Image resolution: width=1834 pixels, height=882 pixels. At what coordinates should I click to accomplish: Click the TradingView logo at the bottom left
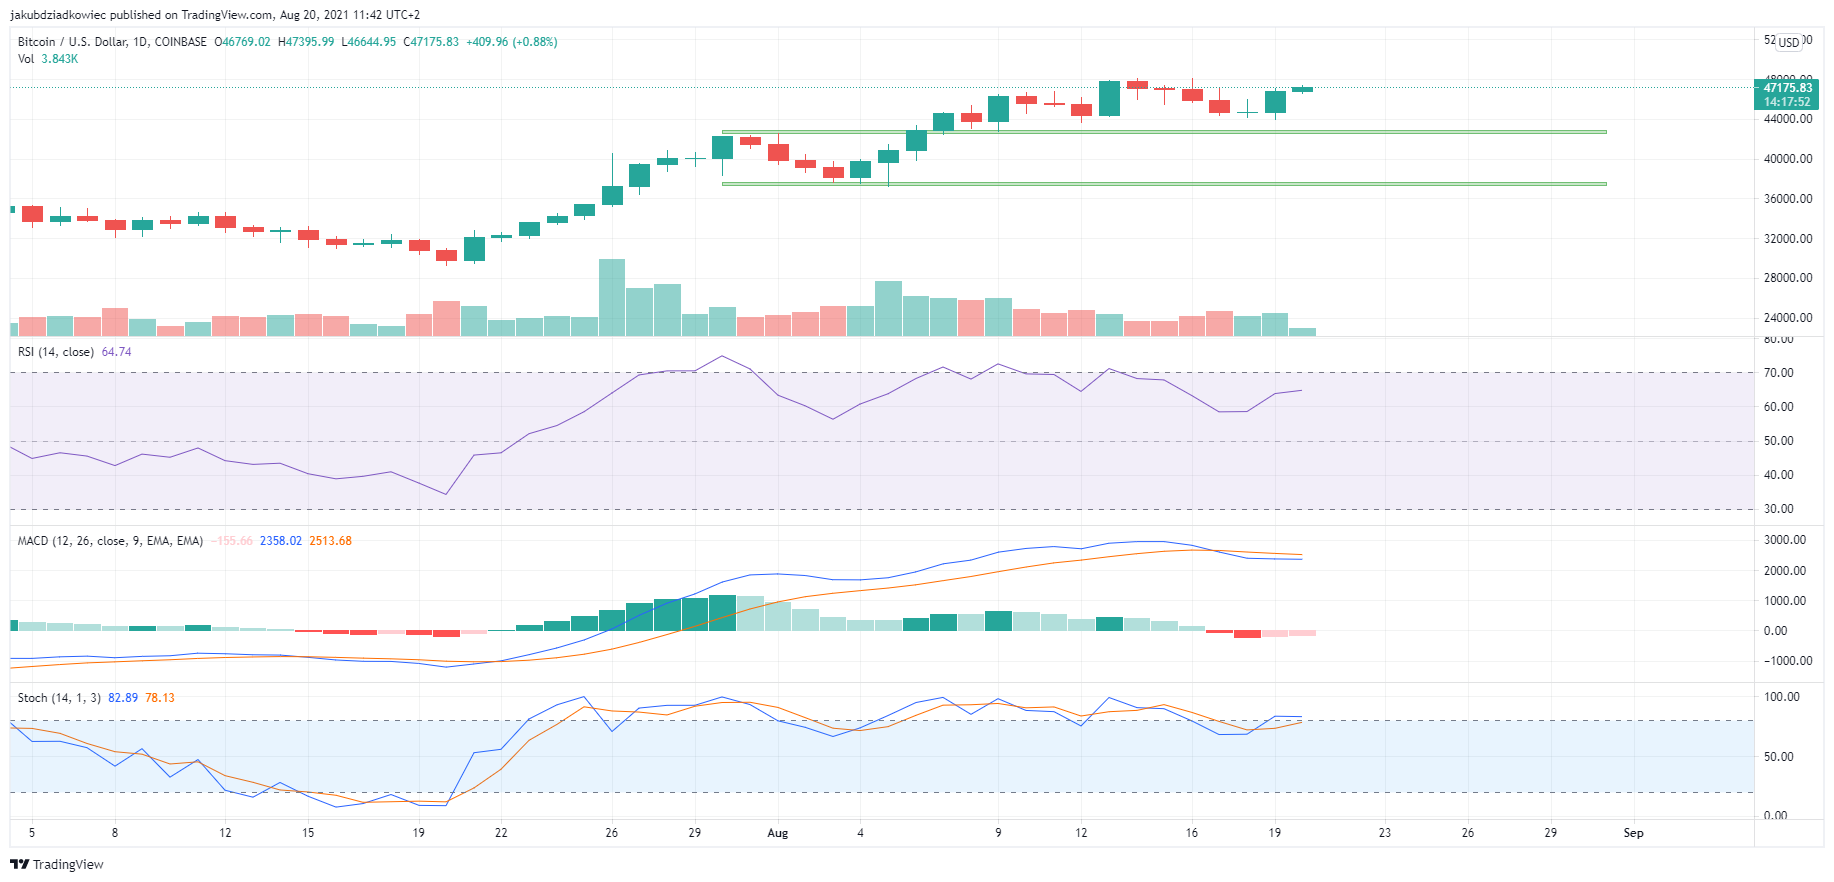[57, 864]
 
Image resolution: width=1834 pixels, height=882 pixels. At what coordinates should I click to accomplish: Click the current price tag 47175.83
[1787, 88]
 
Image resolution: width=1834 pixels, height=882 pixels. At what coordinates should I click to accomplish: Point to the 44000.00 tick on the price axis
[1788, 119]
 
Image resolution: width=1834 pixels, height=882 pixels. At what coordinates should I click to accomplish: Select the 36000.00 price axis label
[1788, 199]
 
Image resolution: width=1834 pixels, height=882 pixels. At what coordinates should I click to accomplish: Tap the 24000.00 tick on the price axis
[1788, 318]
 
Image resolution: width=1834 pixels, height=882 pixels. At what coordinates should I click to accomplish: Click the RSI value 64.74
[116, 352]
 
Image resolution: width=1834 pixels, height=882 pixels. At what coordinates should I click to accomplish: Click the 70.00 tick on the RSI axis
[1778, 373]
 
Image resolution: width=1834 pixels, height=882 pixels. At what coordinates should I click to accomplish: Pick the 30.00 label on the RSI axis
[1778, 509]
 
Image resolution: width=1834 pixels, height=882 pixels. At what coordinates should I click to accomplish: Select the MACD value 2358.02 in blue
[280, 541]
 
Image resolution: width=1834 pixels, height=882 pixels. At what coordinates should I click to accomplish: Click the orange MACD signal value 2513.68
[330, 541]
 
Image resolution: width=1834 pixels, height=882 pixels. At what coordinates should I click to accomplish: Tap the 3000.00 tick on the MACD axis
[1784, 540]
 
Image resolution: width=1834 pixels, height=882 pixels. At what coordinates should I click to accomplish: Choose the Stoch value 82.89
[123, 698]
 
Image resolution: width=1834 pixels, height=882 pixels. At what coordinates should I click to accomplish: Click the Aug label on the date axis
[777, 833]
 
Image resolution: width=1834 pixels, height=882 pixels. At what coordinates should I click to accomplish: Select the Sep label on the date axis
[1633, 833]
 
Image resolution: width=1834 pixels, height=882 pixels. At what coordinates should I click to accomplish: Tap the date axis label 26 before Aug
[612, 833]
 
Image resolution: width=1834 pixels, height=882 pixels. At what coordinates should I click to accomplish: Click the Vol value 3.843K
[60, 59]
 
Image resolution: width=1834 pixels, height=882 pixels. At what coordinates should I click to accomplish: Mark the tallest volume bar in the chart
[612, 297]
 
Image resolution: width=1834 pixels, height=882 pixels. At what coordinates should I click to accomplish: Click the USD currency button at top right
[1789, 42]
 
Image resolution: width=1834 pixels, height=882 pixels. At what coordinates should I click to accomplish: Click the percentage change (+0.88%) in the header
[535, 42]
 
